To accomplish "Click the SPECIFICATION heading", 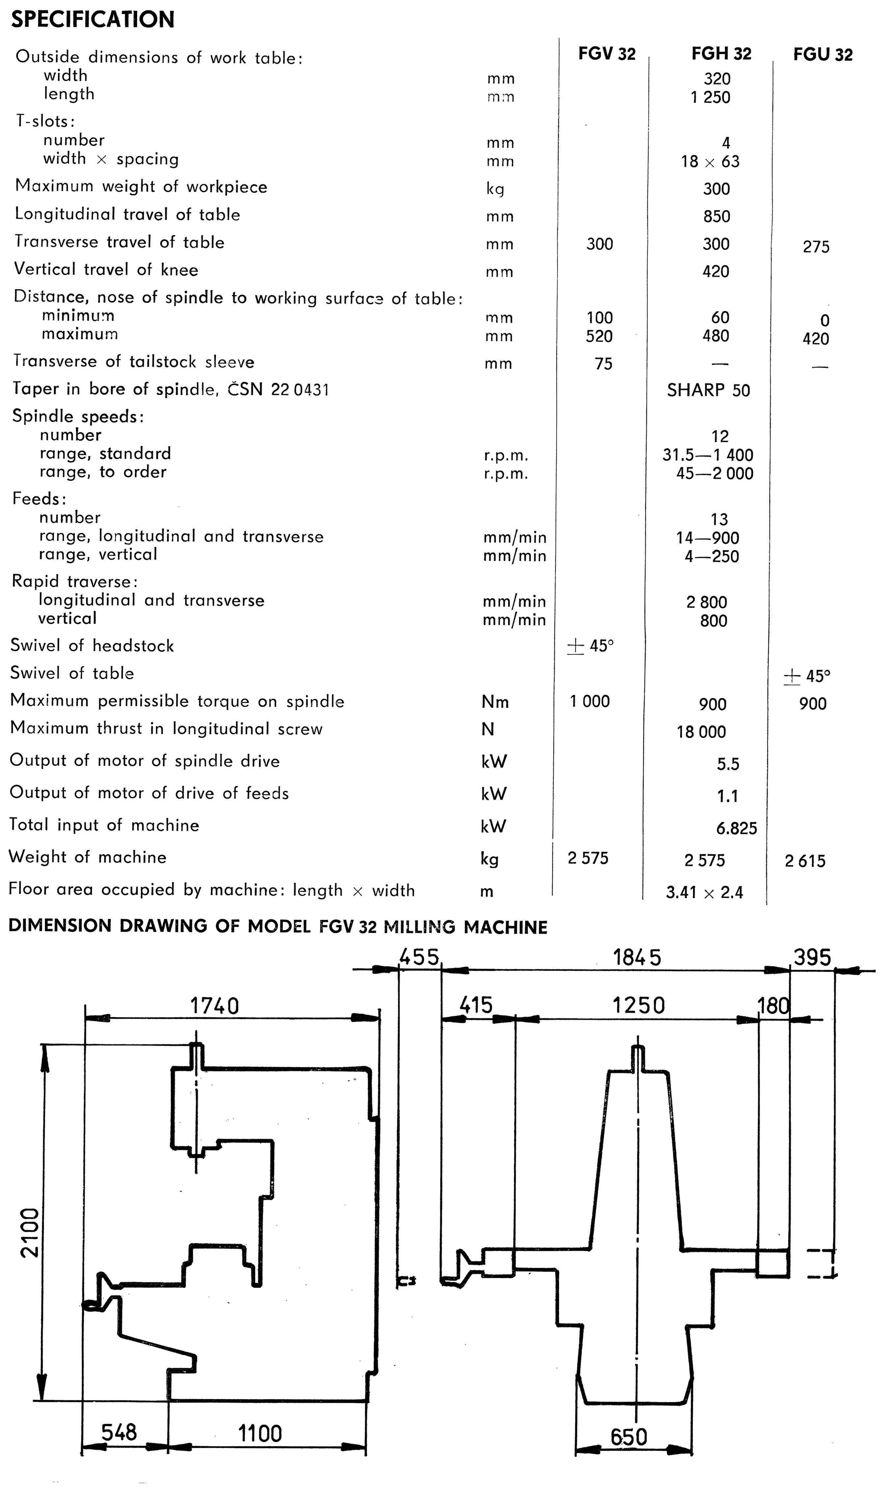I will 93,20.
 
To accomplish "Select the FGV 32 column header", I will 606,54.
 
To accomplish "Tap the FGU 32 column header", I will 822,55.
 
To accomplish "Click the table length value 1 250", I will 710,97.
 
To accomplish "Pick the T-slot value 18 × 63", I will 710,161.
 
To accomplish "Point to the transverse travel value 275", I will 816,247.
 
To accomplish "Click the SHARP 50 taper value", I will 708,390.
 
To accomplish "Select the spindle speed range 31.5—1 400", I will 708,455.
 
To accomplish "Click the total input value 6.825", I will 736,828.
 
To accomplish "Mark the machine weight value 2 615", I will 805,861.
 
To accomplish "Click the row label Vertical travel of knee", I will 106,270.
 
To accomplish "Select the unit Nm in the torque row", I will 495,702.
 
